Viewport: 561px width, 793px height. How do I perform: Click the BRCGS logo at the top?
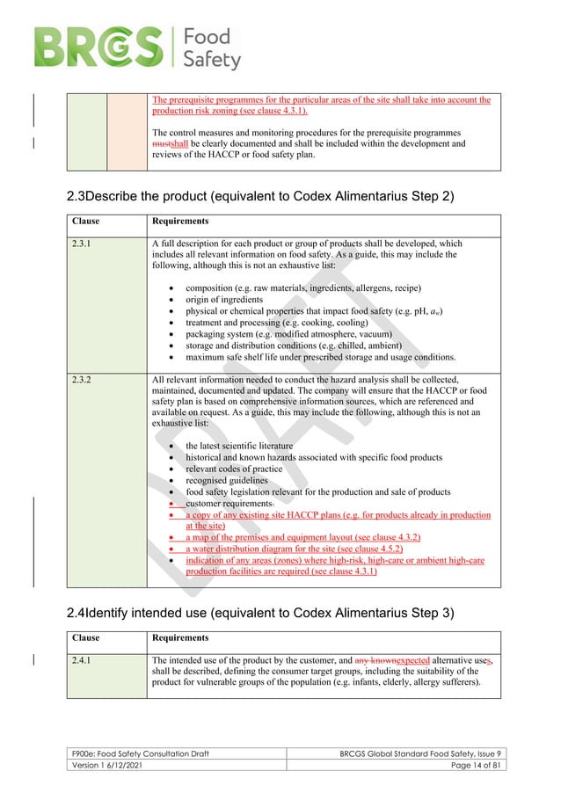pos(136,47)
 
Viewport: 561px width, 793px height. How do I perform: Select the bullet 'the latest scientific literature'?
pos(239,446)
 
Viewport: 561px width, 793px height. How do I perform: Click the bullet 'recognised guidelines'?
pos(224,480)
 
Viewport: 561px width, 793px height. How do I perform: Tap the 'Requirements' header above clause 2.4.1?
pos(180,637)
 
